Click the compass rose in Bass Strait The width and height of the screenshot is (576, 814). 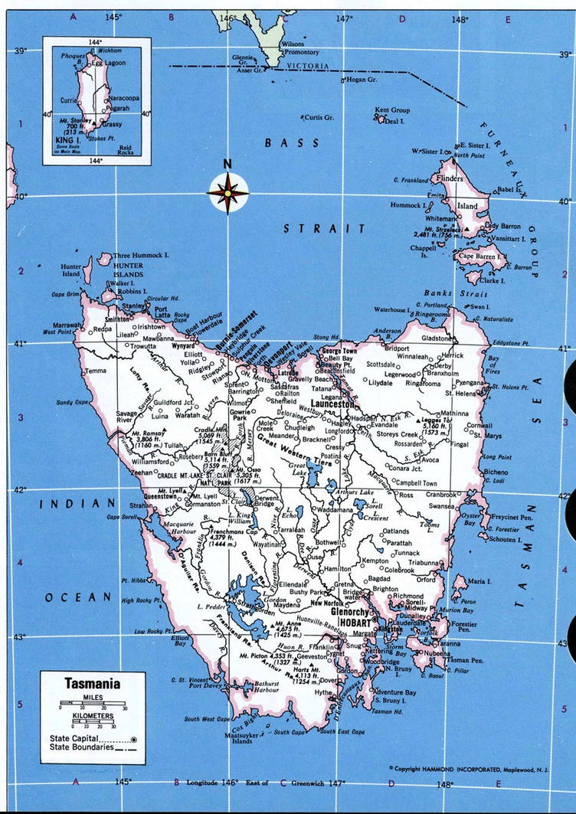[227, 192]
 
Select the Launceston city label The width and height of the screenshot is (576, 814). [332, 403]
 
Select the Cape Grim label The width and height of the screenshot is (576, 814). [66, 294]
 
